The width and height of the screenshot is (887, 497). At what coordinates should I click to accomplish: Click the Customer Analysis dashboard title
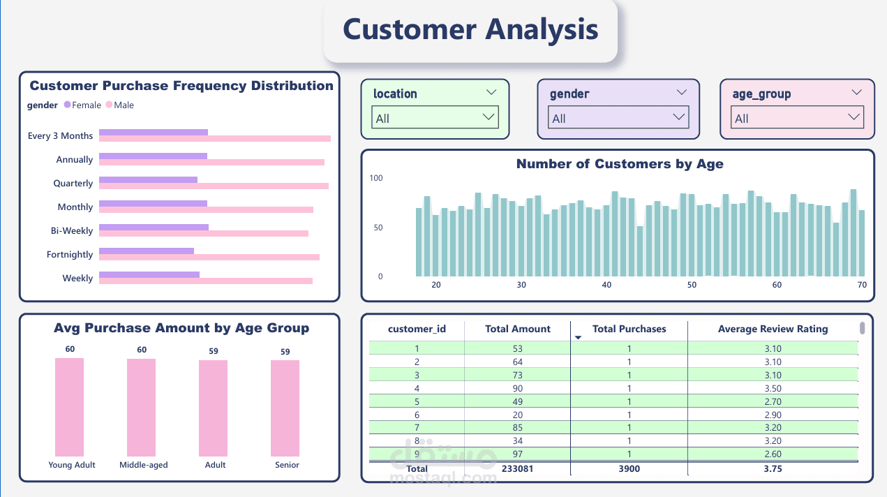tap(470, 29)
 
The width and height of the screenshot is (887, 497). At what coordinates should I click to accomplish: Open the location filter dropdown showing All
tap(435, 118)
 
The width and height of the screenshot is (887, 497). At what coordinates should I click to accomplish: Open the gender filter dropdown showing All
tap(618, 118)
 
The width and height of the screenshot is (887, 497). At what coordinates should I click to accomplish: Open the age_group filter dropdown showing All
tap(797, 118)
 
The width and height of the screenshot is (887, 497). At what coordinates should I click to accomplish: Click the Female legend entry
tap(82, 105)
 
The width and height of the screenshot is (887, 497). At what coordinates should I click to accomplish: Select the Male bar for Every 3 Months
tap(214, 139)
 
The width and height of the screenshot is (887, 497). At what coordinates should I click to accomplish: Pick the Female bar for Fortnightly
tap(147, 251)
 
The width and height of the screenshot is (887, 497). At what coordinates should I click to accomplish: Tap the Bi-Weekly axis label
tap(71, 231)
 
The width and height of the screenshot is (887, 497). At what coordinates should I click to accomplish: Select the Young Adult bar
tap(69, 407)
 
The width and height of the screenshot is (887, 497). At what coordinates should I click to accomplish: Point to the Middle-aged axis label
tap(143, 465)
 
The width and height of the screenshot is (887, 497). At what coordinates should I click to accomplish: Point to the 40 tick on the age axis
tap(606, 285)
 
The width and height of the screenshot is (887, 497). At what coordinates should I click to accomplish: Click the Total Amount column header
tap(517, 329)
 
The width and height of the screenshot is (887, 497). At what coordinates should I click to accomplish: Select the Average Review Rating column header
tap(773, 329)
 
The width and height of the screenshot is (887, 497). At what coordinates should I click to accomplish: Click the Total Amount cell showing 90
tap(517, 389)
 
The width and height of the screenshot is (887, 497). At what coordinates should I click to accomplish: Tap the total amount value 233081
tap(517, 469)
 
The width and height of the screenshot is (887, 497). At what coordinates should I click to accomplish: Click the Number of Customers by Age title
tap(619, 165)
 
